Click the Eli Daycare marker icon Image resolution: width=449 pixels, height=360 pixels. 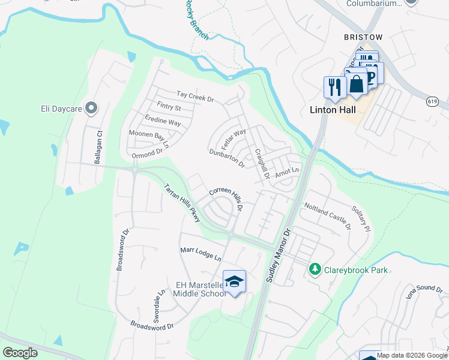pos(91,109)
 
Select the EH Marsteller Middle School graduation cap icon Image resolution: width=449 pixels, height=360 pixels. pos(234,281)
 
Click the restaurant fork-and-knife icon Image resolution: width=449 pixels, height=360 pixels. pos(334,87)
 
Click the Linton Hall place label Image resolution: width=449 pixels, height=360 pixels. pos(333,110)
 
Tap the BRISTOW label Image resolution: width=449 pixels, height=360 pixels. pos(363,37)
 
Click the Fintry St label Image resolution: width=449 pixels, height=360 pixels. pos(169,108)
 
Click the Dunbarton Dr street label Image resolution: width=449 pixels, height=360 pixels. pos(227,158)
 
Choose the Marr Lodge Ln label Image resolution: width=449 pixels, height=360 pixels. pos(201,254)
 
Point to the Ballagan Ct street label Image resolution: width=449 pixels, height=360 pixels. pos(100,148)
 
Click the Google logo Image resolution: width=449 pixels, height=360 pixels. pos(20,352)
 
